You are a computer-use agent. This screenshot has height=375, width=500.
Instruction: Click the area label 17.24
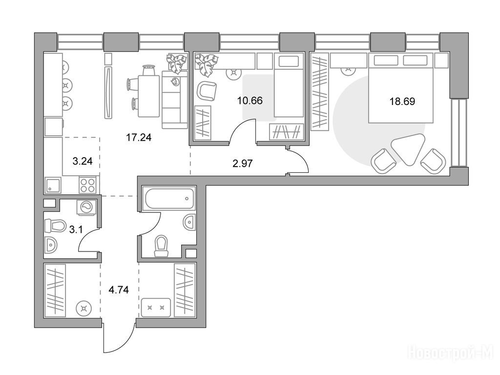pyautogui.click(x=139, y=137)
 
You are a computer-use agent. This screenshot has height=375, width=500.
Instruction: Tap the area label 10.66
pyautogui.click(x=250, y=101)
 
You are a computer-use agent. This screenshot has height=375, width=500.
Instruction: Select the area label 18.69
pyautogui.click(x=402, y=102)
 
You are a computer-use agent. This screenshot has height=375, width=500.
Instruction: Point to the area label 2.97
pyautogui.click(x=243, y=164)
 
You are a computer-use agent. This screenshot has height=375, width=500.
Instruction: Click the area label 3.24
pyautogui.click(x=83, y=161)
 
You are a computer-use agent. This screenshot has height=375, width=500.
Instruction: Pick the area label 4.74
pyautogui.click(x=119, y=290)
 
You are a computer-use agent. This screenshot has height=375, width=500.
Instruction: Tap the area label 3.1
pyautogui.click(x=76, y=229)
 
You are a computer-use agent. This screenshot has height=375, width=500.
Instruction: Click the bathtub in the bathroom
pyautogui.click(x=169, y=198)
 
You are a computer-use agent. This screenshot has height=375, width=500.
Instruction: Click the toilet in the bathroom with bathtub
pyautogui.click(x=161, y=246)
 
